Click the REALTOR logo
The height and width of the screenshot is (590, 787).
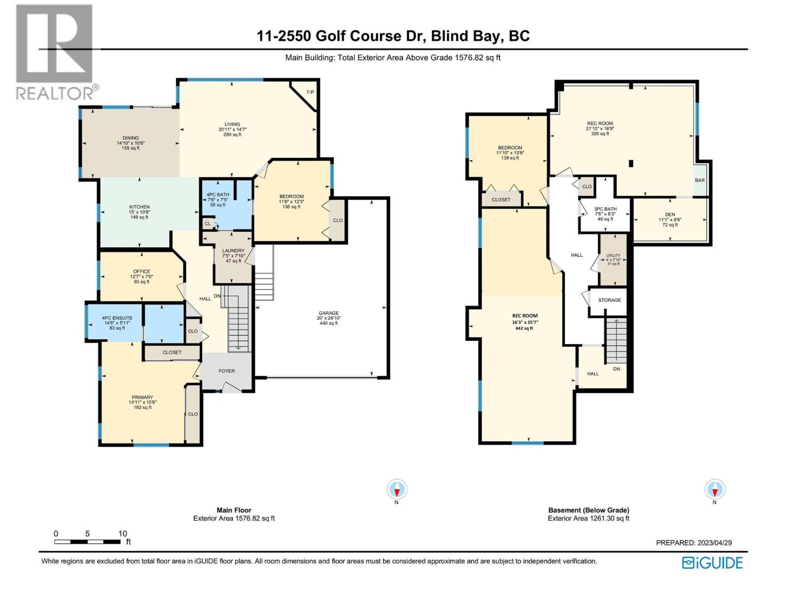(54, 52)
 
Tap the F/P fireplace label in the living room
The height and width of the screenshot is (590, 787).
(310, 92)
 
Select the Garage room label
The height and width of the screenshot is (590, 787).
(328, 313)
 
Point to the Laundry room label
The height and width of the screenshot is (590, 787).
(233, 251)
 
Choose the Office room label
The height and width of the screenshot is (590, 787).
(142, 271)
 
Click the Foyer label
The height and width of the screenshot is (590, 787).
(227, 371)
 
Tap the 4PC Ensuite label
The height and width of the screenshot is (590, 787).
(117, 318)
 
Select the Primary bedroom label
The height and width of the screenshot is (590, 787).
(142, 397)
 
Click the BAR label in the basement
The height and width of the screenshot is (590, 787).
(699, 180)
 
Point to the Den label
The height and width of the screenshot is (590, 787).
(670, 214)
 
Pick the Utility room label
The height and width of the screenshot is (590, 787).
(613, 256)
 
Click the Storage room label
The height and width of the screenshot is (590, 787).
(609, 300)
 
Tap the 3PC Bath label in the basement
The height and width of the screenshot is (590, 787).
(605, 209)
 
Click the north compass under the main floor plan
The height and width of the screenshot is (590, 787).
(396, 490)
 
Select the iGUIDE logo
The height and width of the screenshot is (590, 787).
(712, 563)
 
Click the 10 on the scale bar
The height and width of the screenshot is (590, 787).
(122, 533)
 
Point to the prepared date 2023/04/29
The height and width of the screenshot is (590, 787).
(714, 543)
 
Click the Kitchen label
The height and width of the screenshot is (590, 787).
(139, 207)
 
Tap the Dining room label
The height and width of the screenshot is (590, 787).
(130, 138)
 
